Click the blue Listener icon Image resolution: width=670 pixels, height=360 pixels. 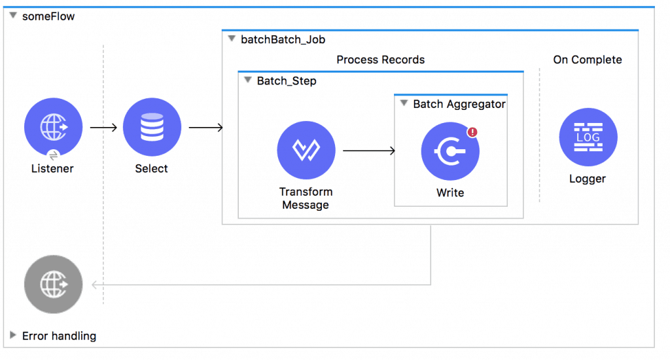[x=53, y=127]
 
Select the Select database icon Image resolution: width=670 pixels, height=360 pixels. [x=151, y=127]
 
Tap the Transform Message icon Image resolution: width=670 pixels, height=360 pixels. [x=306, y=151]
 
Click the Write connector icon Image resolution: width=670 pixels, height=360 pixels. [x=450, y=152]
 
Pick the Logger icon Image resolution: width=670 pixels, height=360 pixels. [x=588, y=137]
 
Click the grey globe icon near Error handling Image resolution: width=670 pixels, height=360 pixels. [x=53, y=285]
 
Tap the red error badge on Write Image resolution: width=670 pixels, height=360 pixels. [x=472, y=132]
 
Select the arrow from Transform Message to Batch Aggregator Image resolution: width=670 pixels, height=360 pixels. [x=369, y=151]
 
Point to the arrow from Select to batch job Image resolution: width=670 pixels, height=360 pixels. [x=205, y=127]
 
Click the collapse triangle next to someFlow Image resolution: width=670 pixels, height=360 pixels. [x=13, y=16]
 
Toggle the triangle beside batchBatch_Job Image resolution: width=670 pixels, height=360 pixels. [x=231, y=39]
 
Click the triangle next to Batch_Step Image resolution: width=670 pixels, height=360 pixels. [x=247, y=81]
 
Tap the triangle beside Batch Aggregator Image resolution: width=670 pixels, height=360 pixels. [x=404, y=104]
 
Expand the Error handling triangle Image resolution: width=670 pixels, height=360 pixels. [x=13, y=336]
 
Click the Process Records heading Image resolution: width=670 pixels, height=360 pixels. [x=380, y=60]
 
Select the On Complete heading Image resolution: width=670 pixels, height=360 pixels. [x=587, y=60]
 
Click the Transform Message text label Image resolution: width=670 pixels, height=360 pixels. [x=306, y=198]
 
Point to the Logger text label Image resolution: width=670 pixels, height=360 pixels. [x=588, y=179]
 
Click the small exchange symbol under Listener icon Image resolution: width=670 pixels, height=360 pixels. [x=53, y=155]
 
